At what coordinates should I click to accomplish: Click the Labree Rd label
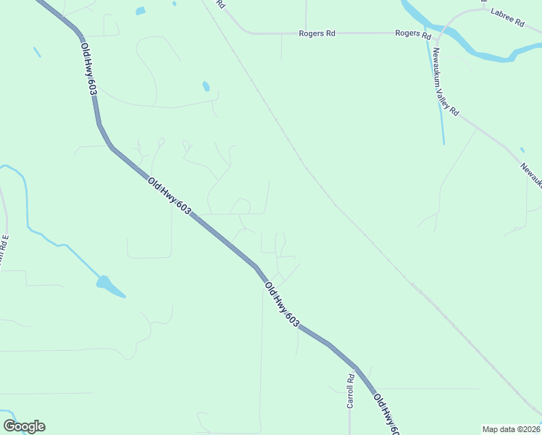point(506,17)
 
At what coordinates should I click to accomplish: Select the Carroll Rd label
point(350,391)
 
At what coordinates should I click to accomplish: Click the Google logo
point(24,426)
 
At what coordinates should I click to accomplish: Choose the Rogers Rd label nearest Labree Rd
point(413,33)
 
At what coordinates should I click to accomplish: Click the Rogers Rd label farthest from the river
point(317,33)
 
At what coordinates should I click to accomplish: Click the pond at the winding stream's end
point(109,286)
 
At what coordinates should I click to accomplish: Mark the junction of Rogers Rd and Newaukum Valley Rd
point(436,34)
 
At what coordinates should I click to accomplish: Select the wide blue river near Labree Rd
point(478,51)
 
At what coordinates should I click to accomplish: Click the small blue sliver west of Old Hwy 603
point(36,52)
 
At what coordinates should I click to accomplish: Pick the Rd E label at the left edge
point(4,247)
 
